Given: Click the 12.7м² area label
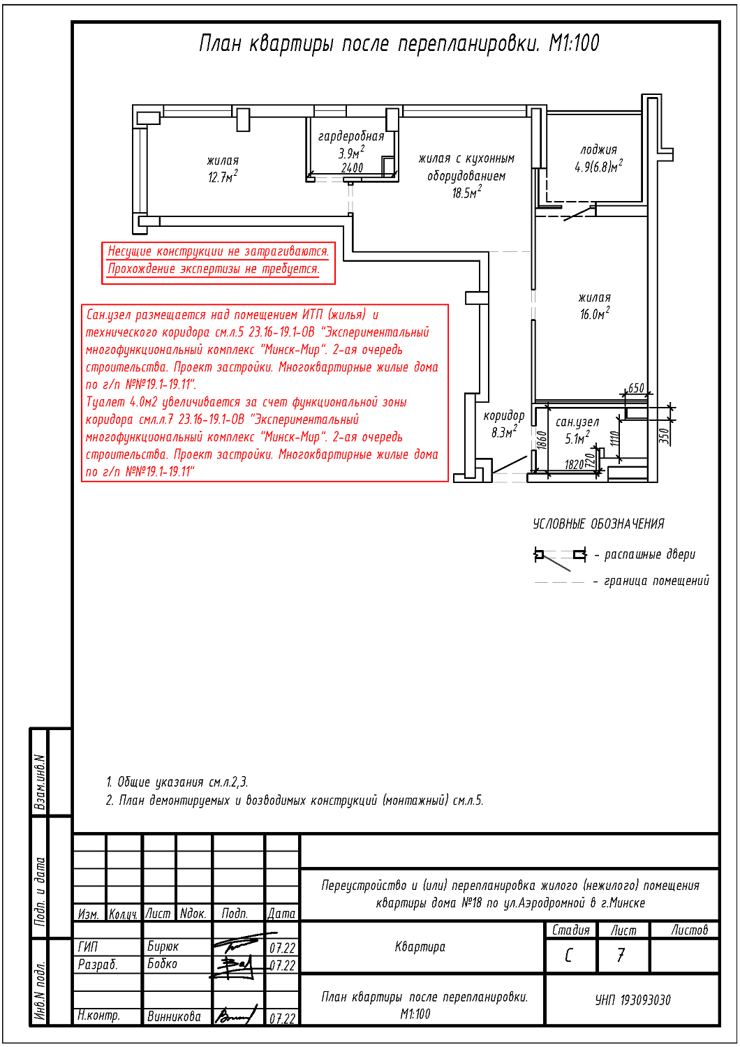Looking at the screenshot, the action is click(x=223, y=177).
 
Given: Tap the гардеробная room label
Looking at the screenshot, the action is click(x=351, y=136).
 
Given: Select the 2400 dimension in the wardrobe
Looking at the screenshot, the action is click(x=352, y=168).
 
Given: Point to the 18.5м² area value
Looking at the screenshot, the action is click(x=466, y=192).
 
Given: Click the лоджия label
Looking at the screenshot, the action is click(x=598, y=149).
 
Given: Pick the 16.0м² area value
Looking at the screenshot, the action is click(x=595, y=313).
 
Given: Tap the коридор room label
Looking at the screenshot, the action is click(x=504, y=415).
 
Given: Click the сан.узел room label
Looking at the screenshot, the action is click(x=577, y=422).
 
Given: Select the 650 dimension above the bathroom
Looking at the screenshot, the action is click(x=636, y=388).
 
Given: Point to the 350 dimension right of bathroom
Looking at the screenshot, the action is click(x=665, y=436).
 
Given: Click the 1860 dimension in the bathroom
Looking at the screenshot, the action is click(x=542, y=440).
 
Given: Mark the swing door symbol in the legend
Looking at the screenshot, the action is click(x=560, y=558).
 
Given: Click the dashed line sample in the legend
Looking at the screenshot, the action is click(x=560, y=582).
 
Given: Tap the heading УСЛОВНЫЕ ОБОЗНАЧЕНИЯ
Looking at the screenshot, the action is click(x=598, y=524).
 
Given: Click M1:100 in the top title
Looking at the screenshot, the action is click(x=574, y=43).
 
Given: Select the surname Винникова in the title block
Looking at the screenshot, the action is click(x=174, y=1016).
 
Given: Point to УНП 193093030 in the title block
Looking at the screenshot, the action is click(x=632, y=1000).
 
